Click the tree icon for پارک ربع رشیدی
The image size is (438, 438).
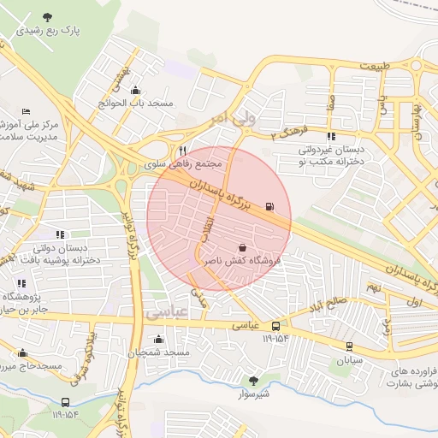[46, 17]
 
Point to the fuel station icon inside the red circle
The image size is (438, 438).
[271, 206]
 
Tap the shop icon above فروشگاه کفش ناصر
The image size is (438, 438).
[242, 247]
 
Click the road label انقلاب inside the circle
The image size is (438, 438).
[206, 227]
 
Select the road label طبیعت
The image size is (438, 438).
[374, 66]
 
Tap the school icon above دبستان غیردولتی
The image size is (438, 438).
[331, 136]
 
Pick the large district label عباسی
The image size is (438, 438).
[165, 313]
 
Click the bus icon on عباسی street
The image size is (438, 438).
[275, 326]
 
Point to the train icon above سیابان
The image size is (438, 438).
[349, 346]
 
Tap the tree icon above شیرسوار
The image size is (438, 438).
[252, 381]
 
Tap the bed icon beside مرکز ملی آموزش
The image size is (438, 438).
[25, 112]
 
